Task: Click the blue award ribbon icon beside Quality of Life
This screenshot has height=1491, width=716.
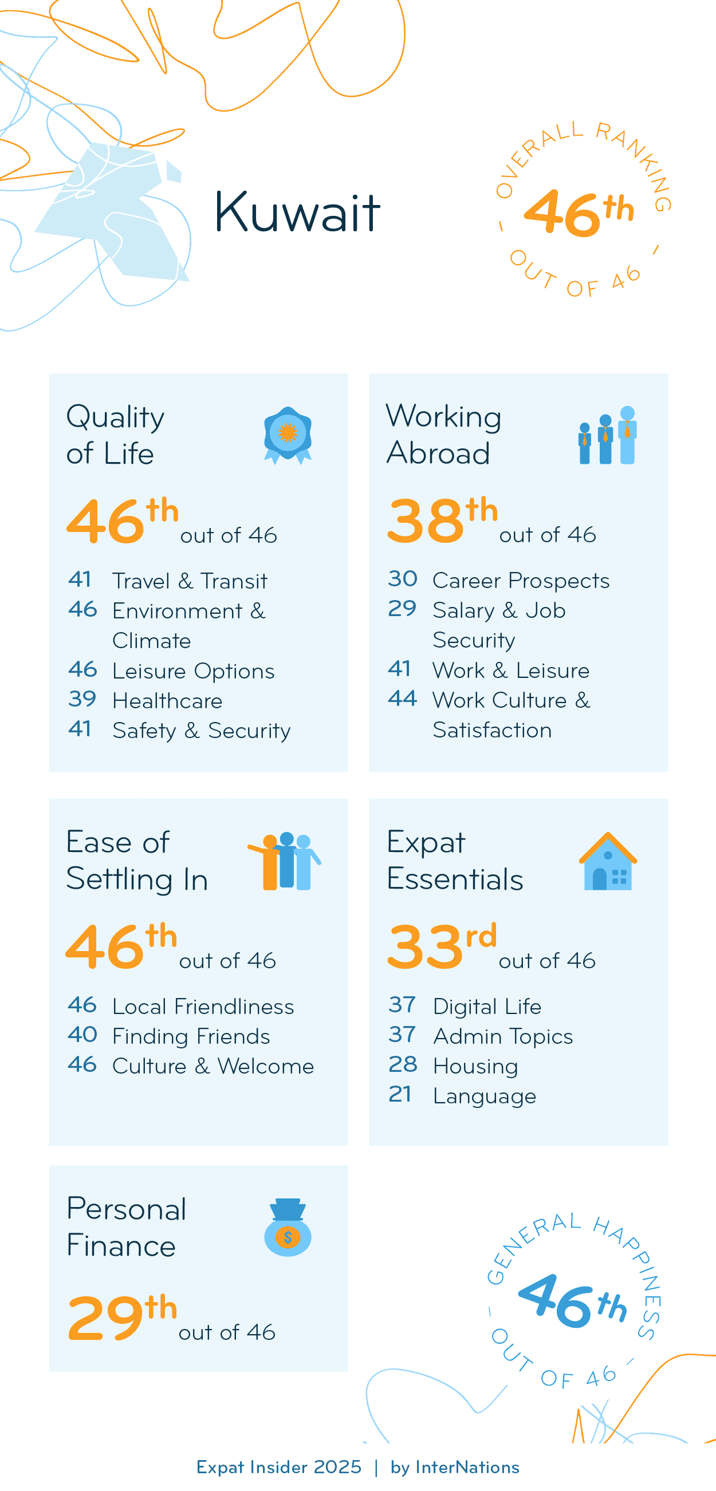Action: [x=288, y=435]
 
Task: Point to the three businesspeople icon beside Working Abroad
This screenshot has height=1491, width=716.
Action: [x=607, y=435]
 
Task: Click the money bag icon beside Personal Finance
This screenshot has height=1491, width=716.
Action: [x=288, y=1227]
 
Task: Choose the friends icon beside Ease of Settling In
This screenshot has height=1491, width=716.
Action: [x=284, y=861]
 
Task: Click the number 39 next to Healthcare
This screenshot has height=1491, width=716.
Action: [x=81, y=699]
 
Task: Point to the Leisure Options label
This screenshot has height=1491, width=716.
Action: [x=194, y=671]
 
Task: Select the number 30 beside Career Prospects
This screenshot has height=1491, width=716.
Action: [x=402, y=578]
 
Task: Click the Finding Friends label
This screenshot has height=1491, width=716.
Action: [x=191, y=1036]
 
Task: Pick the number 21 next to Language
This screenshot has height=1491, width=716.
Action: [x=400, y=1094]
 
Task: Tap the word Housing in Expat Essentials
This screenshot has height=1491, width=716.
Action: [x=475, y=1066]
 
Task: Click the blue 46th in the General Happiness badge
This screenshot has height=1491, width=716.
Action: [x=572, y=1302]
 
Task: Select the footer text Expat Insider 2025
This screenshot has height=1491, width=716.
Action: [x=278, y=1468]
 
